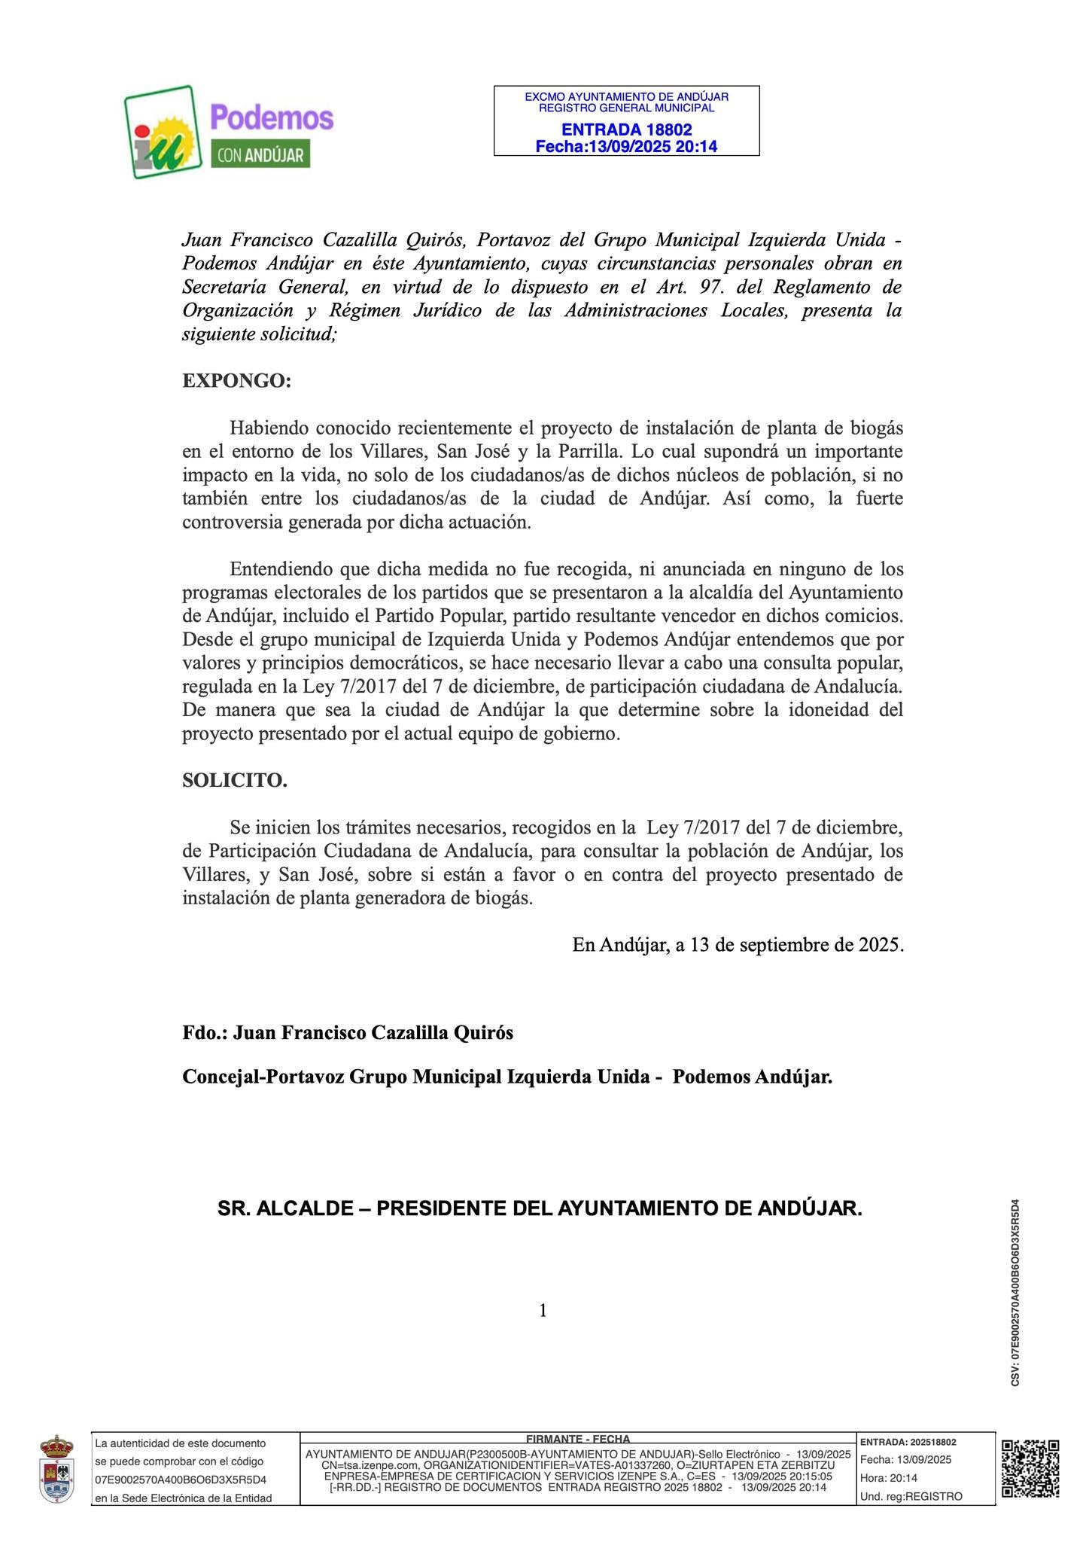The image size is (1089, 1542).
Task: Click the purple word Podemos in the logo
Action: click(272, 117)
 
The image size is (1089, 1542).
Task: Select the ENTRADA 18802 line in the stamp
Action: click(626, 130)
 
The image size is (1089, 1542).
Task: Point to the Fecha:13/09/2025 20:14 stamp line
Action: click(626, 146)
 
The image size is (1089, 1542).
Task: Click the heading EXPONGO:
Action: click(236, 381)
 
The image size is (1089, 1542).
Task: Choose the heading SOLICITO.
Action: click(235, 781)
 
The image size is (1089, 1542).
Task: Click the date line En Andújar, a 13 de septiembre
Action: click(737, 944)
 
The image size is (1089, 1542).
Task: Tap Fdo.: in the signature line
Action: click(205, 1032)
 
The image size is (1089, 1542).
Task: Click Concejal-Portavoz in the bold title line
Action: click(254, 1077)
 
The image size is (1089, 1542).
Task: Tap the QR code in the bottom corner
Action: click(1031, 1468)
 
